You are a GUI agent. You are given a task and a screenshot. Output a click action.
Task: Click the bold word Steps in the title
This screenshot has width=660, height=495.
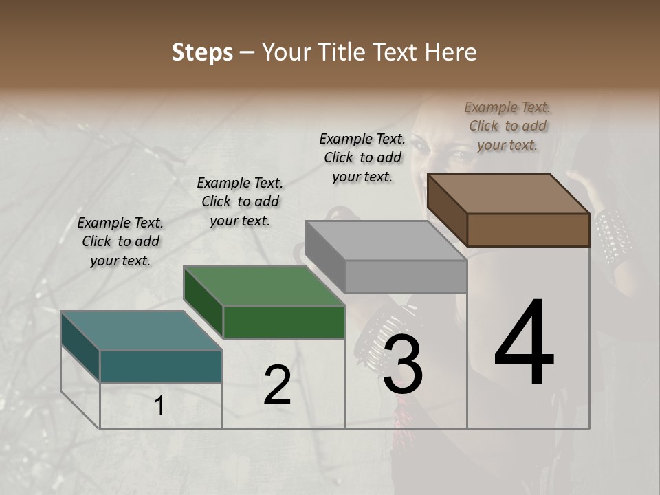click(202, 52)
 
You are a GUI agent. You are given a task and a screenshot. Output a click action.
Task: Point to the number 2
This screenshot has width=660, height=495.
click(278, 385)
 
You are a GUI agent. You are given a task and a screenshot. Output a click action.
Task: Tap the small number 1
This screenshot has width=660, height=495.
click(159, 406)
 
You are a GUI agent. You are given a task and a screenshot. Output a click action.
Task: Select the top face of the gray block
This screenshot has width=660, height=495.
click(386, 241)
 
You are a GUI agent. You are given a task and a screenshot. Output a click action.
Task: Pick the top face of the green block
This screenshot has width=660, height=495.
click(264, 286)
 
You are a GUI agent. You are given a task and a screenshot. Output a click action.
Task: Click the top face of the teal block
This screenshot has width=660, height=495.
click(142, 331)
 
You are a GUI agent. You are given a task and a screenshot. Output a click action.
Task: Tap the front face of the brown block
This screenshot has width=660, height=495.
click(528, 230)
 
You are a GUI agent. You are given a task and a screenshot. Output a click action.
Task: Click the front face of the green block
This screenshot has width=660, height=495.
click(284, 322)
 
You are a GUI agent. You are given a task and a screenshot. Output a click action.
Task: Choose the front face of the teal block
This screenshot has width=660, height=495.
click(161, 366)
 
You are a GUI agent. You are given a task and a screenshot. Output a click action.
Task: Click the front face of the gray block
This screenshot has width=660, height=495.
click(406, 276)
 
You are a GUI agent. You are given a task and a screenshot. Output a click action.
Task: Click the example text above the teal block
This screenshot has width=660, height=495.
click(120, 241)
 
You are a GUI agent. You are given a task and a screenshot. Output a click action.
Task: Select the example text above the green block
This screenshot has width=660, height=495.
click(240, 201)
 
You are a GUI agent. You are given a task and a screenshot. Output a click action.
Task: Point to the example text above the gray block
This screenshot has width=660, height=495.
click(362, 157)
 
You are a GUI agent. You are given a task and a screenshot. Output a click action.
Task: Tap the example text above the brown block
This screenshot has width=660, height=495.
click(507, 126)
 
